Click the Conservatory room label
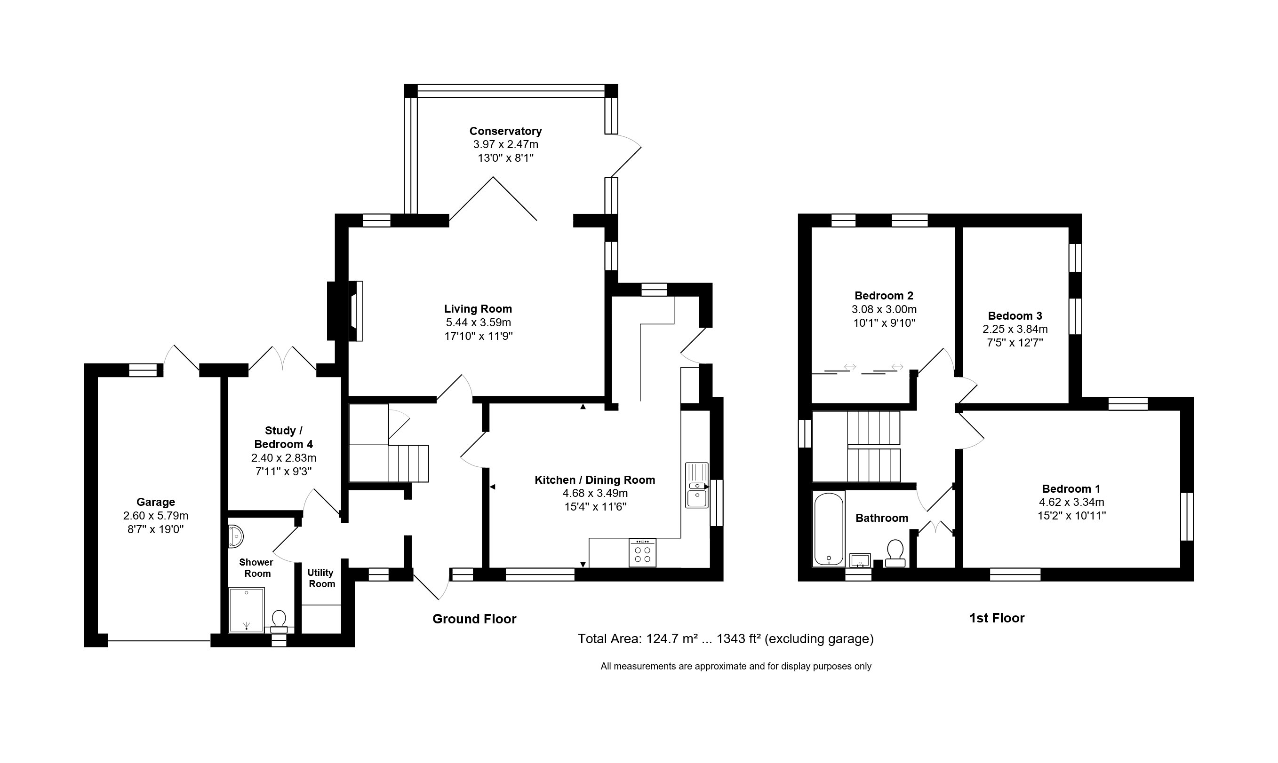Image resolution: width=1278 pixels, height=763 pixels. point(505,131)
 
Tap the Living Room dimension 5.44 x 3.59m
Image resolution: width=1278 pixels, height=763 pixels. point(478,323)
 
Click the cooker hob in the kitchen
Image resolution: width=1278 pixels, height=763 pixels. point(642,553)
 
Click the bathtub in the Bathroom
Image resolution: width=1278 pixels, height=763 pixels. point(828,528)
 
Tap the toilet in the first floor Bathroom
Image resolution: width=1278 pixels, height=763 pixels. point(895,553)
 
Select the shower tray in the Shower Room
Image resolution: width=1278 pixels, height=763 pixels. point(247,610)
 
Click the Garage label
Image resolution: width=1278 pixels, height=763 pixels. point(155,502)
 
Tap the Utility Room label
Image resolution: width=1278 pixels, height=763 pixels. point(321,578)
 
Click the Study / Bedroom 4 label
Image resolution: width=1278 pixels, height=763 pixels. point(283,437)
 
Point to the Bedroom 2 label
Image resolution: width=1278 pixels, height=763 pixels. point(884,296)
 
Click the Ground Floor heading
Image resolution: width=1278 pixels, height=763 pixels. point(474,619)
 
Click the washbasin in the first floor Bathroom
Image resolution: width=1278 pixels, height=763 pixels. point(860,560)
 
